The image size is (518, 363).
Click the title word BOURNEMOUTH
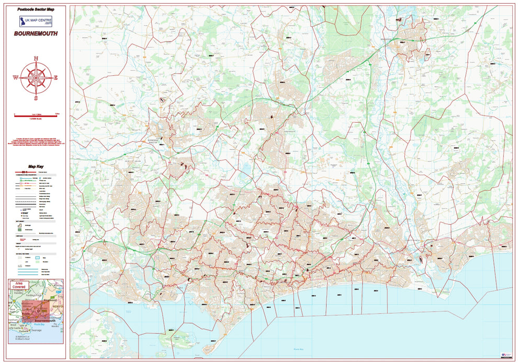tap(36, 33)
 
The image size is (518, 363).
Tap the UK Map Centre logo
tap(36, 21)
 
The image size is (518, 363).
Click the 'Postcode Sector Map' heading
tap(36, 9)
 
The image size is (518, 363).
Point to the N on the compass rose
tap(36, 58)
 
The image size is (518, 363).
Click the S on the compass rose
tap(36, 98)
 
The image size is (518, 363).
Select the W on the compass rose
tap(15, 78)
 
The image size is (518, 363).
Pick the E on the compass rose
tap(56, 78)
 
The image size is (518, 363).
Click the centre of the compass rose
tap(36, 78)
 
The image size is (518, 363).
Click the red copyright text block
tap(36, 145)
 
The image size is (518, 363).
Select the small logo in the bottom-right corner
tap(505, 354)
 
